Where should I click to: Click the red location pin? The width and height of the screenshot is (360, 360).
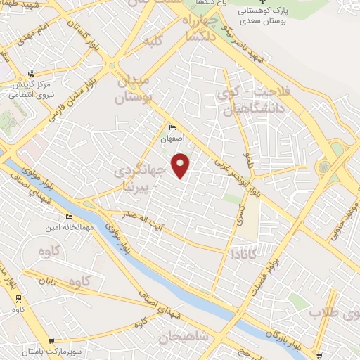[181, 165]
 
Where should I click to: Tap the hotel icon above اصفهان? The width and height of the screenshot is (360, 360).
[173, 128]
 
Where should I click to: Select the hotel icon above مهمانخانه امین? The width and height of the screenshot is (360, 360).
[69, 217]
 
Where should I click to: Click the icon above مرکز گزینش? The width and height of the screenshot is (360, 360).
[30, 73]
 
